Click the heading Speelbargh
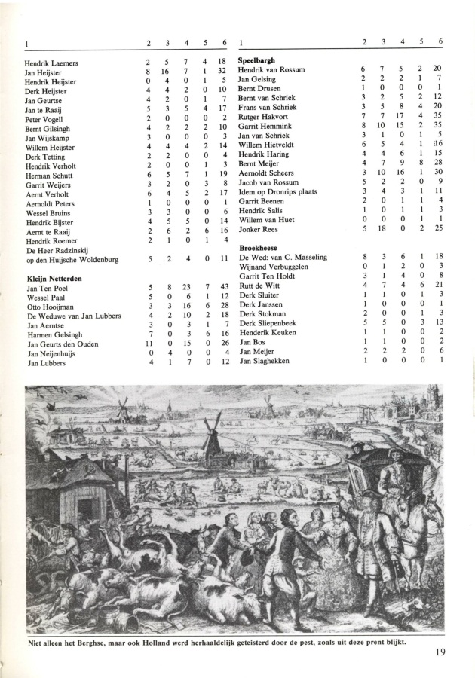pyautogui.click(x=256, y=60)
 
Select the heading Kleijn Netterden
pyautogui.click(x=54, y=279)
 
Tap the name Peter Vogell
pyautogui.click(x=45, y=119)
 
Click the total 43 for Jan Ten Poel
pyautogui.click(x=223, y=288)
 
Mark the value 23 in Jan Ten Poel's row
pyautogui.click(x=185, y=288)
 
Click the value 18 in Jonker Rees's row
pyautogui.click(x=382, y=228)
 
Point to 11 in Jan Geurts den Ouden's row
pyautogui.click(x=149, y=344)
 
